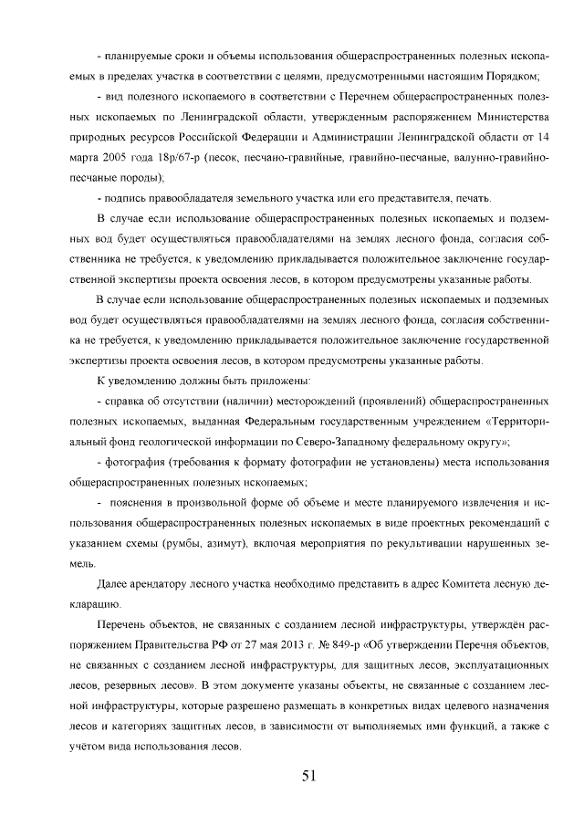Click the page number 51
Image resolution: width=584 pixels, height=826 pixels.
click(308, 776)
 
